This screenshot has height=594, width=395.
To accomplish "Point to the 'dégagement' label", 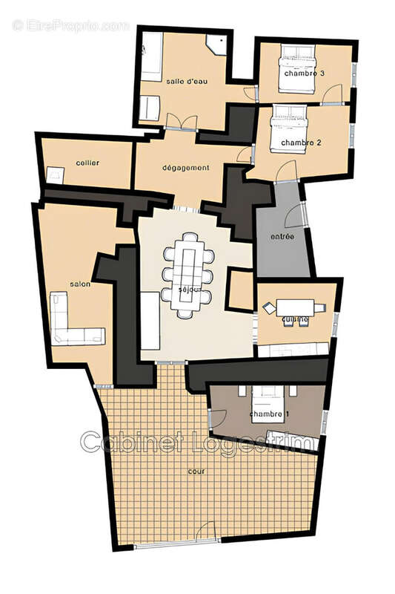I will point(185,168).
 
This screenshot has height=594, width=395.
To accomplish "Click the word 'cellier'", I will point(87,163).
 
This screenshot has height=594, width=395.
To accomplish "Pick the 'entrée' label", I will point(282,237).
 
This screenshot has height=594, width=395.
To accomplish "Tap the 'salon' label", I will point(79,284).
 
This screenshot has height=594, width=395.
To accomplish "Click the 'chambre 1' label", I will point(265,414).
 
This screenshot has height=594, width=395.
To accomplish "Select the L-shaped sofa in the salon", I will point(74,321).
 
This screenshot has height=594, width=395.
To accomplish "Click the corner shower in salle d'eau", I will point(217,44).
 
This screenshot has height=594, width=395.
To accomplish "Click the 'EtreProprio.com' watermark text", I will point(70,25).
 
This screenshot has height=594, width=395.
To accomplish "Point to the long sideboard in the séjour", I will point(150,321).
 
